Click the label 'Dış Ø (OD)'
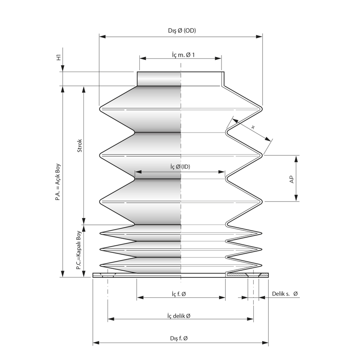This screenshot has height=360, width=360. click(x=182, y=30)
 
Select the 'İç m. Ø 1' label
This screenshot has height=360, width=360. click(x=183, y=55)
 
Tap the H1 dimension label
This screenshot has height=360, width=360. click(x=59, y=58)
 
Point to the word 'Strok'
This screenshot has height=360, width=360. click(x=80, y=146)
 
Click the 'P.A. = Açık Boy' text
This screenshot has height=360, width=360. click(x=58, y=182)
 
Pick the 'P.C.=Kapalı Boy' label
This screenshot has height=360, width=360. click(x=79, y=250)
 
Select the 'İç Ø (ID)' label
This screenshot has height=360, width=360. click(x=180, y=166)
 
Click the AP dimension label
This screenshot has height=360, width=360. click(x=291, y=179)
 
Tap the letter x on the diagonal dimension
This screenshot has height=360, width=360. click(x=253, y=127)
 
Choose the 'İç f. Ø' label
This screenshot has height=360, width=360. click(x=179, y=294)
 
